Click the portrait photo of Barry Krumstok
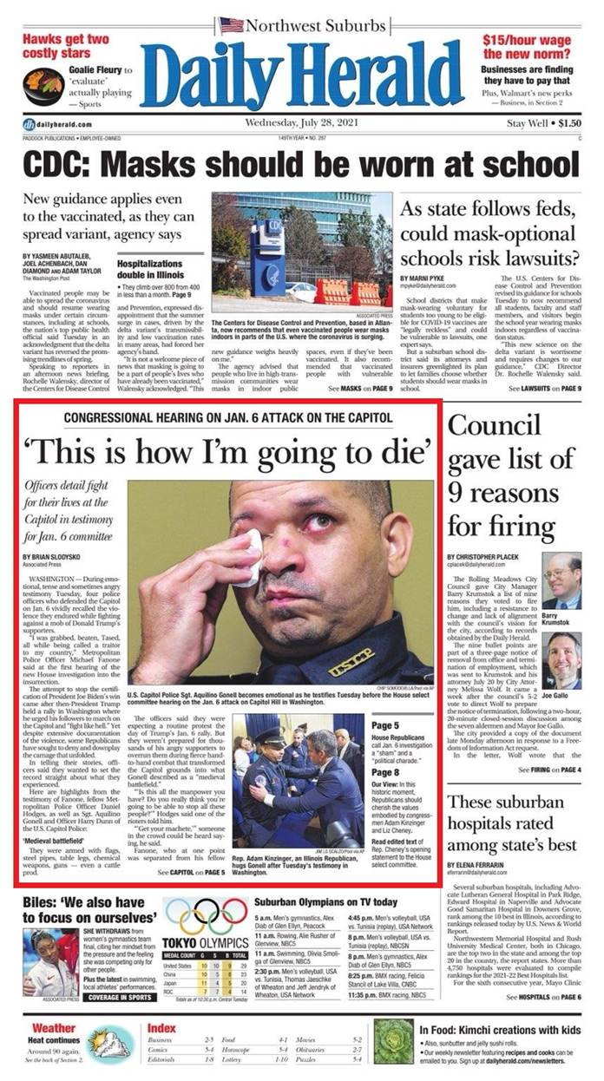point(561,581)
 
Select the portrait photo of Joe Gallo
point(561,659)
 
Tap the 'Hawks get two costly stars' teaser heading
point(66,47)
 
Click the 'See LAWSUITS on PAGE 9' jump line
point(544,390)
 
